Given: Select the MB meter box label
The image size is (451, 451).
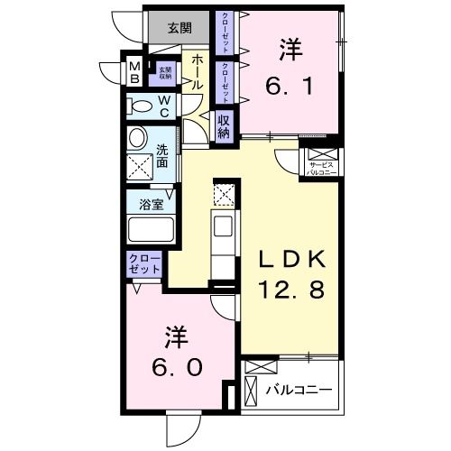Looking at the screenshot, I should point(133,72).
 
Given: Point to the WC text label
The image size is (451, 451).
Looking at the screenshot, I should point(165,106).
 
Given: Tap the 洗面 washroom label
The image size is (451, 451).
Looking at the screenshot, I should point(162,157).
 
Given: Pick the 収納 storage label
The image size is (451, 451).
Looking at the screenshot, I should point(225,126).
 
